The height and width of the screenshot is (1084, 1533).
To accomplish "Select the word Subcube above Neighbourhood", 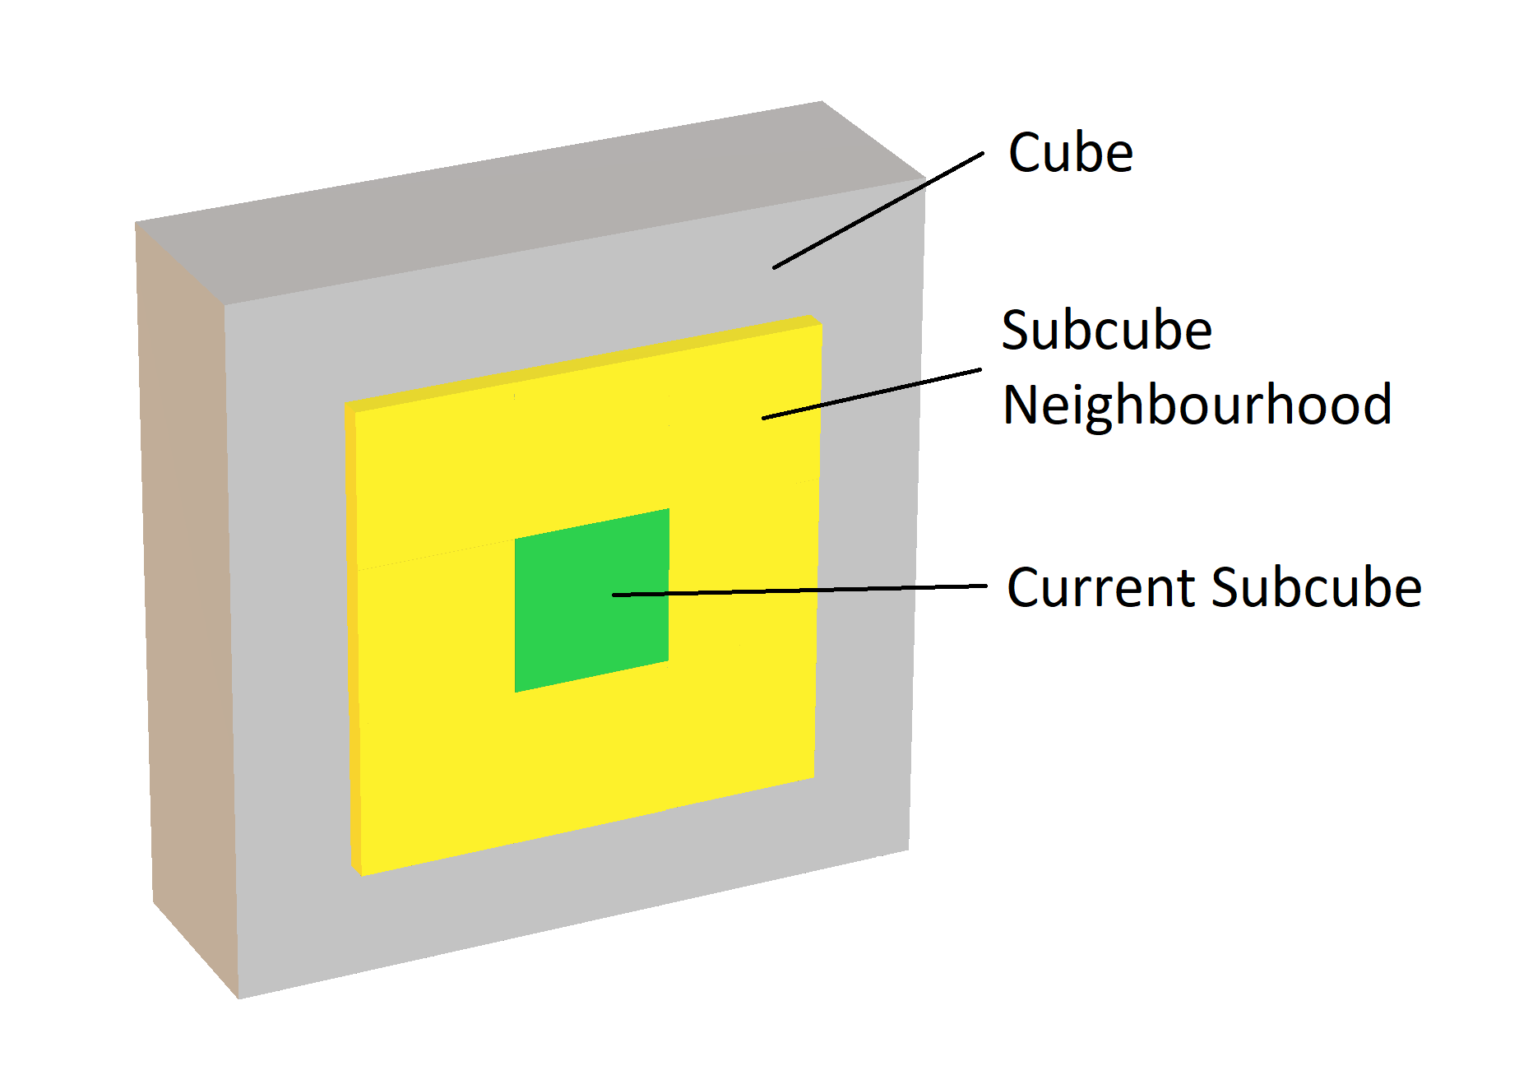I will point(1107,331).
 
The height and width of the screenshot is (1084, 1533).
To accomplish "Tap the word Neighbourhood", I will point(1197,405).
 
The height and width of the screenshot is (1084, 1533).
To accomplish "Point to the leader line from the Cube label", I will point(878,210).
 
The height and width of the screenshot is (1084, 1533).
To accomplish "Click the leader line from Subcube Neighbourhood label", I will point(872,394).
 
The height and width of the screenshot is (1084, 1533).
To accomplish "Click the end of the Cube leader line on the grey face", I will point(775,267).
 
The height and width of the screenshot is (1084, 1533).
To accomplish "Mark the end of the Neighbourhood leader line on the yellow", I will point(764,419).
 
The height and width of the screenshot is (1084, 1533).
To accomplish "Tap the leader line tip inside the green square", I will point(614,595).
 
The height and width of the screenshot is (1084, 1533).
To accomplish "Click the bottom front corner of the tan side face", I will point(239,998).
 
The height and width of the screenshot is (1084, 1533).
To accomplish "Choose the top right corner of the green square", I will point(668,510).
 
